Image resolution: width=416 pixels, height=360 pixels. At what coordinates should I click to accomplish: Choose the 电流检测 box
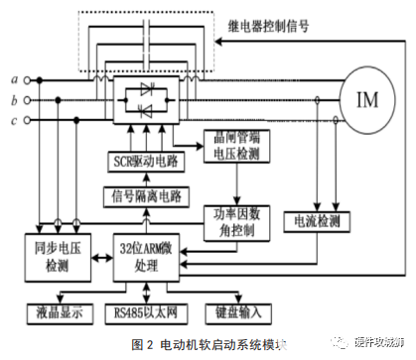point(314,218)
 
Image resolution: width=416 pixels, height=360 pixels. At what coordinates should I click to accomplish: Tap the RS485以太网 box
point(148,314)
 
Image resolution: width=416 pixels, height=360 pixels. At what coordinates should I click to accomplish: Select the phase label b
point(13,99)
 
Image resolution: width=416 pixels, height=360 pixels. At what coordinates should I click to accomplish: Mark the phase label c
point(13,121)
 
